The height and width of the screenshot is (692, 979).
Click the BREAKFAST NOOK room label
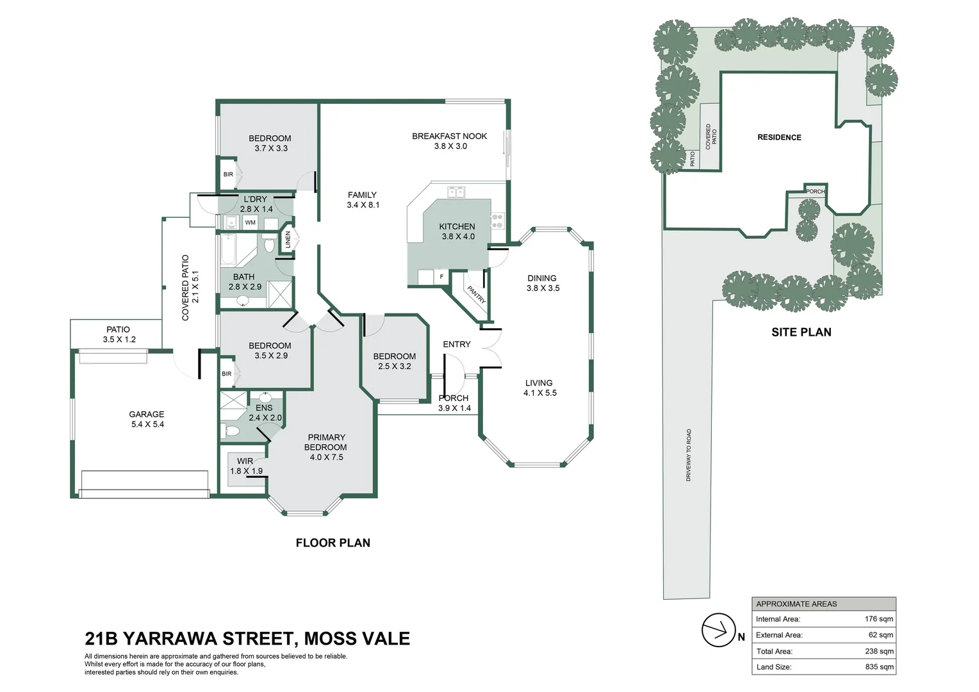tap(449, 136)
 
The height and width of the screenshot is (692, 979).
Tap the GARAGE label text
tap(147, 414)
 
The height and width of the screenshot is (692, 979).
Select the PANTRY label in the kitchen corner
tap(476, 294)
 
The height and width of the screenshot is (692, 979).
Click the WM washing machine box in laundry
tap(250, 222)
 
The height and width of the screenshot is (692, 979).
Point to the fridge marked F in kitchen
tap(441, 277)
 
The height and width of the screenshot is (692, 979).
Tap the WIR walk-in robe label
tap(245, 461)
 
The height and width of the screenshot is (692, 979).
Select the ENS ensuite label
tap(264, 408)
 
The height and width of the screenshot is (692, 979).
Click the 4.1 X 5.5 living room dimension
tap(540, 393)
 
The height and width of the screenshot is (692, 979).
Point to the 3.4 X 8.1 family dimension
tap(362, 205)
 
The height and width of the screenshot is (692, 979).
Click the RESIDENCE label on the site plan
tap(779, 137)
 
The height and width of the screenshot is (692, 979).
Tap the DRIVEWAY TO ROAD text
tap(689, 455)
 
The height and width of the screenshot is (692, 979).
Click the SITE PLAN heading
tap(801, 332)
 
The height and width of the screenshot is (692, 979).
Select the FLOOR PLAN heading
tap(333, 543)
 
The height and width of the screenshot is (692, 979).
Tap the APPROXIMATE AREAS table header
tap(796, 604)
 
